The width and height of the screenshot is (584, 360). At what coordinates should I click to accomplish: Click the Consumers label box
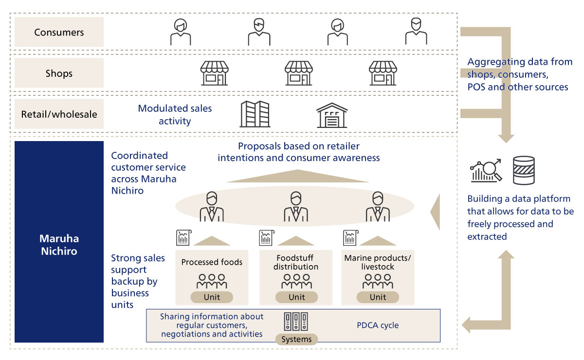tap(59, 32)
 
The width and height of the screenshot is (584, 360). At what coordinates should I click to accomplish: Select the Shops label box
tap(59, 73)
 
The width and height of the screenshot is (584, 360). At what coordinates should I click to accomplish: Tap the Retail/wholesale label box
tap(59, 114)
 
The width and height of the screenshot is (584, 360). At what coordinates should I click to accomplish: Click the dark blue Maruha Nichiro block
tap(59, 242)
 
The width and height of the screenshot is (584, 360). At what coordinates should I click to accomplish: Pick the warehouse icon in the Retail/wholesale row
tap(332, 115)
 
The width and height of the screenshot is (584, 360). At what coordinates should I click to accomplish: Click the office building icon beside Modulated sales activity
tap(255, 114)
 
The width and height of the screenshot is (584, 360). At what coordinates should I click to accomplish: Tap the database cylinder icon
tap(524, 170)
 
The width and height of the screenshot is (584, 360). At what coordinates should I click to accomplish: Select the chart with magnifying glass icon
tap(486, 170)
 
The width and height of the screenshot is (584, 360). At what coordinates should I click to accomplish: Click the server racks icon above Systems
tap(296, 322)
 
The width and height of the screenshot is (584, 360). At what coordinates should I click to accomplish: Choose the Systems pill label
tap(296, 339)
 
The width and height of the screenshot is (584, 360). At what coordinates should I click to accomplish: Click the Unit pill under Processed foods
tap(212, 297)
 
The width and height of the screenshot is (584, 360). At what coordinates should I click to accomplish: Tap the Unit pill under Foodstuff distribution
tap(296, 297)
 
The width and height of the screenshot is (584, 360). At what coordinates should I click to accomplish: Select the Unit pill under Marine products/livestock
tap(378, 297)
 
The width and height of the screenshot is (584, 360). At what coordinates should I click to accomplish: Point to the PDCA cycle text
tap(378, 325)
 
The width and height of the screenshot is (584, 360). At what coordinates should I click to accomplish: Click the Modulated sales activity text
tap(175, 114)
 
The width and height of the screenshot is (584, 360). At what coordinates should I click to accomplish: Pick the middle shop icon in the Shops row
tap(298, 73)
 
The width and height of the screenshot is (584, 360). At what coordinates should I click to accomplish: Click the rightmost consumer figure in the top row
tap(416, 31)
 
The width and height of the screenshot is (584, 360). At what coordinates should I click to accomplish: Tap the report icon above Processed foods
tap(184, 238)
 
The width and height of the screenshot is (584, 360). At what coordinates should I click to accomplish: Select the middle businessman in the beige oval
tap(296, 207)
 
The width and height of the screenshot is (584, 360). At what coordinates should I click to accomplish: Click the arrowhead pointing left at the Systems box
tap(466, 325)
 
